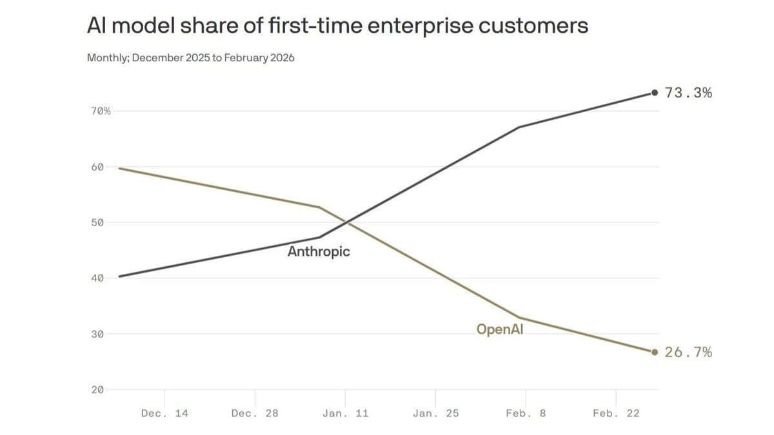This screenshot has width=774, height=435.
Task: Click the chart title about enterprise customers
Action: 337,26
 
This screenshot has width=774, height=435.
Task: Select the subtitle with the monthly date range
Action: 191,58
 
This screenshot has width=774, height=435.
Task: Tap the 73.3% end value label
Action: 688,93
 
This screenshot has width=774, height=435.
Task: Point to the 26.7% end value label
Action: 688,352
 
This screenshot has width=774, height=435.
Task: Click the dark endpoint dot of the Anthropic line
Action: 655,93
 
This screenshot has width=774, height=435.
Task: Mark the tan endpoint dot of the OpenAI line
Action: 655,352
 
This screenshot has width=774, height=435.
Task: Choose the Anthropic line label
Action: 319,251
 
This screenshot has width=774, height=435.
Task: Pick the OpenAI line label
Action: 500,329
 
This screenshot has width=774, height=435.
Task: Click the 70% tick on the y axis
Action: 100,111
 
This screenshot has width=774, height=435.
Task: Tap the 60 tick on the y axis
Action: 97,167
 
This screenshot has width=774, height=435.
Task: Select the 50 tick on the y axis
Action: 97,222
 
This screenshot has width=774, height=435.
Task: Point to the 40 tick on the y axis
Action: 97,278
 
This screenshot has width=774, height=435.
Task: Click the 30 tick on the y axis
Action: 97,334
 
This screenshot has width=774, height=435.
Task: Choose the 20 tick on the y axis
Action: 97,389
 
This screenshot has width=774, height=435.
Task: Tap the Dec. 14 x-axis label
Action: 164,413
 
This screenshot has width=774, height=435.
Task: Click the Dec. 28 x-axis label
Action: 255,413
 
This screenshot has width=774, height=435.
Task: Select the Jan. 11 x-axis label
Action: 345,413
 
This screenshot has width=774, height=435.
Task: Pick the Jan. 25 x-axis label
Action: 435,413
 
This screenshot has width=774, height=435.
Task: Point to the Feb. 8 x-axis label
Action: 526,413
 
